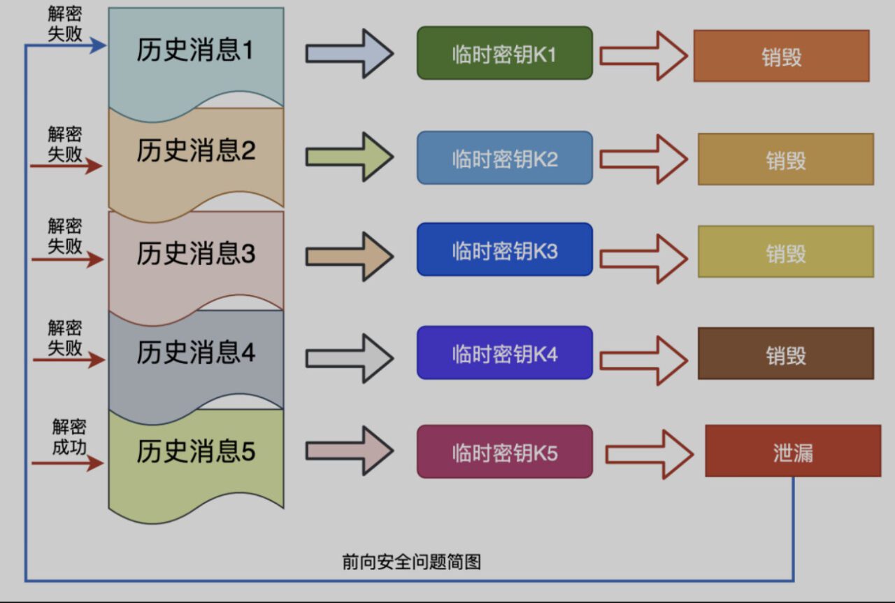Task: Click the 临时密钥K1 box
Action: coord(504,53)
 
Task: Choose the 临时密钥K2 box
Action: coord(504,158)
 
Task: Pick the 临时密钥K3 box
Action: coord(504,250)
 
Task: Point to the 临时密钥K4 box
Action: coord(504,353)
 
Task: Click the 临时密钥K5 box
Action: coord(504,452)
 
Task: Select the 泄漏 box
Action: coord(792,451)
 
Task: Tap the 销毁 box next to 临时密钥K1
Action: coord(781,56)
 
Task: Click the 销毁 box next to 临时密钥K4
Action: coord(785,354)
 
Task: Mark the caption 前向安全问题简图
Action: coord(412,562)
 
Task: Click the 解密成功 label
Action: coord(69,437)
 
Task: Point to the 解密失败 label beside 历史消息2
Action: coord(65,144)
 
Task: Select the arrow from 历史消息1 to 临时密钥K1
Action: coord(349,54)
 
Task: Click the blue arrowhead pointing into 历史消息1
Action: coord(99,46)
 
